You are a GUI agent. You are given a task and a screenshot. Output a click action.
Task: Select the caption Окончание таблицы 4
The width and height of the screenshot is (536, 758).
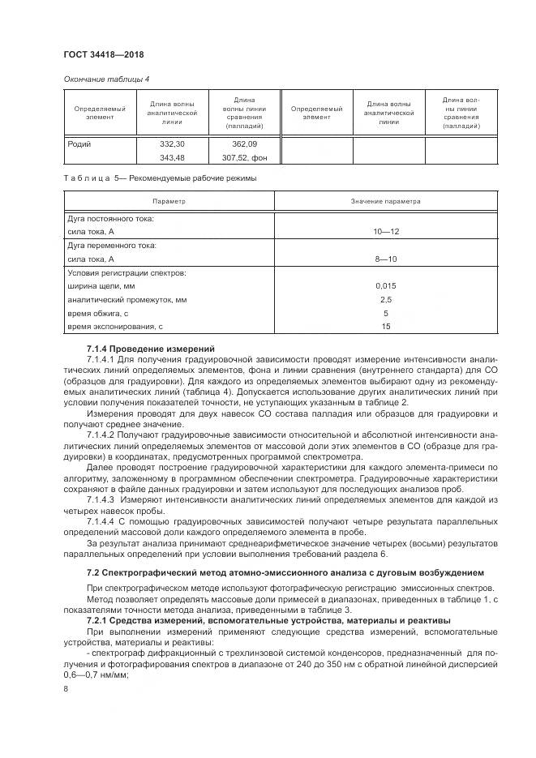107,79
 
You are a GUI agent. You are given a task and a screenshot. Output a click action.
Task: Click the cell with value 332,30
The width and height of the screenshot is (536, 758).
174,143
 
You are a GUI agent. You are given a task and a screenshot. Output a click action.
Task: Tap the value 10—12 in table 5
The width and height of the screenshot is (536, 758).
386,232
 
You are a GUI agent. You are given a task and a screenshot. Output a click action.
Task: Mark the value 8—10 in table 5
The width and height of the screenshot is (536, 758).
386,259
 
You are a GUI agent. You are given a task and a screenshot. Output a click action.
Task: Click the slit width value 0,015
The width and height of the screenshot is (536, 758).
386,286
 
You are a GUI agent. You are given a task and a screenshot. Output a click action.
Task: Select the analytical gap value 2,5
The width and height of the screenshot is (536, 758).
386,300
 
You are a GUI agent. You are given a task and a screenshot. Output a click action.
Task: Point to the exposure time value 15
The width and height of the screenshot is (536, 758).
386,326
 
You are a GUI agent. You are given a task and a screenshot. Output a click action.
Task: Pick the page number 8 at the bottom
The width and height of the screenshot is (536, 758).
65,689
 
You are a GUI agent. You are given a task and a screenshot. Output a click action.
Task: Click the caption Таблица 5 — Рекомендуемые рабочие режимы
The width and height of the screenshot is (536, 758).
160,178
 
